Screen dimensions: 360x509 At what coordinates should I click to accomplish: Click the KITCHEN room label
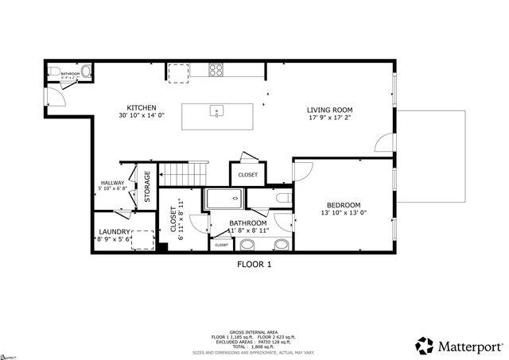(x=142, y=108)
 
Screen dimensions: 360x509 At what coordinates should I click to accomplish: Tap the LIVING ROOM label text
(x=330, y=110)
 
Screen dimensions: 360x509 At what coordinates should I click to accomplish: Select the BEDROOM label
(x=344, y=204)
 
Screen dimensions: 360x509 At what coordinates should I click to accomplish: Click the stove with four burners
(x=216, y=70)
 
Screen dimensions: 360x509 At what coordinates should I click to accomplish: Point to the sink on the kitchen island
(x=215, y=113)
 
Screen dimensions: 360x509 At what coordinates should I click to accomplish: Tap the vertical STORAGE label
(x=147, y=186)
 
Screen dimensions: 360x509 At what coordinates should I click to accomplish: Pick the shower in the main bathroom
(x=223, y=199)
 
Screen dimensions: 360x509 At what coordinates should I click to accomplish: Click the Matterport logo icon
(x=425, y=345)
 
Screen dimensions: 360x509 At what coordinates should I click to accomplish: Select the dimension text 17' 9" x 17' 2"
(x=330, y=118)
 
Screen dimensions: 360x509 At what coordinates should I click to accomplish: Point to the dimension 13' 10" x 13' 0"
(x=344, y=213)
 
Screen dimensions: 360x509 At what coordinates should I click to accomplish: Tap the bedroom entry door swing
(x=302, y=171)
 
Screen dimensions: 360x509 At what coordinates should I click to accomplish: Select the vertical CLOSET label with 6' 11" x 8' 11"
(x=174, y=217)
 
